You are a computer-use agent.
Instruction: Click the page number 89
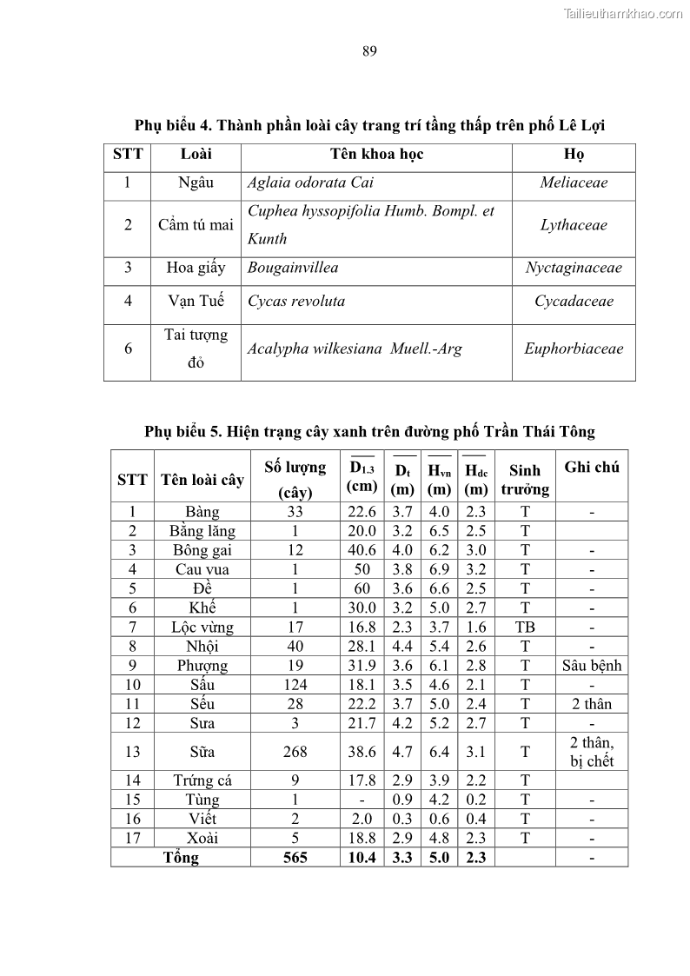(x=369, y=51)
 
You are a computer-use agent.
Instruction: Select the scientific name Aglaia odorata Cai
(x=310, y=183)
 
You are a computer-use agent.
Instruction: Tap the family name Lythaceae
(x=574, y=225)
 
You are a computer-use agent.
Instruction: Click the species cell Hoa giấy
(x=196, y=268)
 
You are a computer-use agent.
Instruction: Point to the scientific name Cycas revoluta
(x=296, y=302)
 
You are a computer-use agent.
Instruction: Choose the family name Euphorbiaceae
(x=574, y=349)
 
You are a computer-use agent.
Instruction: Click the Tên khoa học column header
(x=376, y=155)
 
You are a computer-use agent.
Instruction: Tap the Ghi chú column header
(x=592, y=468)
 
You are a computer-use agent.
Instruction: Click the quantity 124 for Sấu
(x=295, y=685)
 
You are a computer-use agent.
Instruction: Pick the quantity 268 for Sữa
(x=295, y=752)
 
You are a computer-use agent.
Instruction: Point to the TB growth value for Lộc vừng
(x=525, y=627)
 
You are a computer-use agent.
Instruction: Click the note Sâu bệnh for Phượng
(x=592, y=666)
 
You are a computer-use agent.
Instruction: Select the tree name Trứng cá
(x=202, y=780)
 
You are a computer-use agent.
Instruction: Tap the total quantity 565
(x=295, y=858)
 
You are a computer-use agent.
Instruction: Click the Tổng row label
(x=181, y=858)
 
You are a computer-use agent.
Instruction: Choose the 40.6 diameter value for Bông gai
(x=362, y=551)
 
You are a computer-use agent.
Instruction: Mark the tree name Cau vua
(x=202, y=570)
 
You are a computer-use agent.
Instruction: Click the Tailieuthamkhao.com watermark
(x=623, y=13)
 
